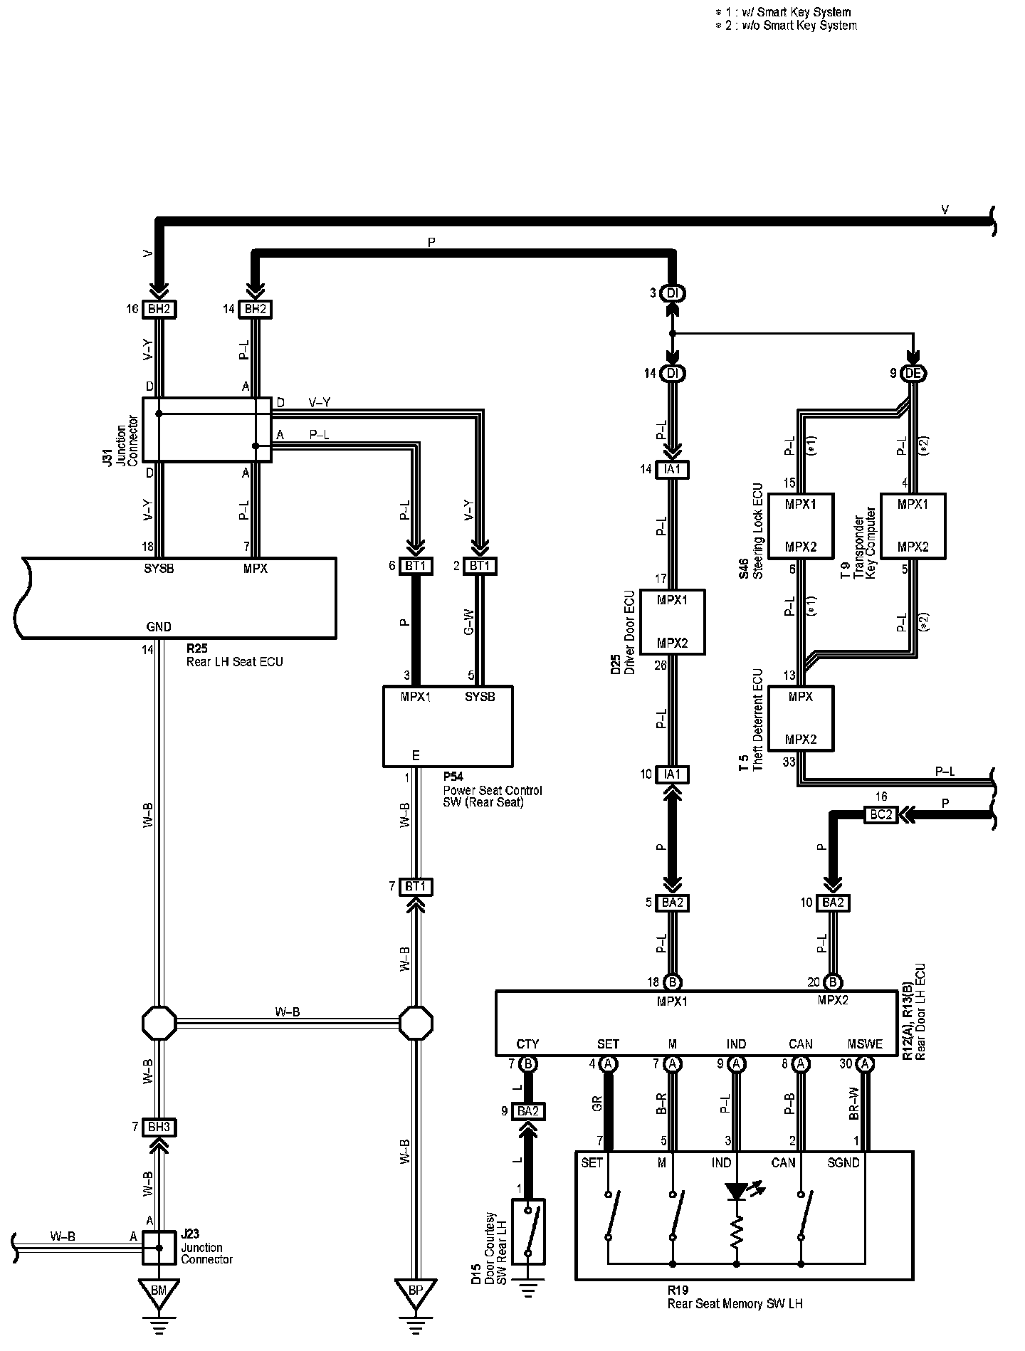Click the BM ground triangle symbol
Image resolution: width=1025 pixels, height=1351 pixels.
point(159,1289)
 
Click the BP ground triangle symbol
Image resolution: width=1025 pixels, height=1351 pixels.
point(416,1289)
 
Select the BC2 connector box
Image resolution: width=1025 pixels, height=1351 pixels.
point(881,814)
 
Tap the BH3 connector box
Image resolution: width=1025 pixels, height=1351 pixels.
point(159,1127)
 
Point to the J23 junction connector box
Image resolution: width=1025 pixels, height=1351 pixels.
point(159,1248)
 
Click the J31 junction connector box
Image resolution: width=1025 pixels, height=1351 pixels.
point(206,429)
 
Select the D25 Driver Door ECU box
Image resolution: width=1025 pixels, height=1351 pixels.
point(673,621)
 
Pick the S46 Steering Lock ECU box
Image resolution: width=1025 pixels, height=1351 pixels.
point(801,525)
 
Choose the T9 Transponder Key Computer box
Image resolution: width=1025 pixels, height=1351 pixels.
point(913,525)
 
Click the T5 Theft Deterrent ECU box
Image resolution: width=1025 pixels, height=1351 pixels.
point(801,717)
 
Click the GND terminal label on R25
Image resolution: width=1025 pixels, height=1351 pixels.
point(159,627)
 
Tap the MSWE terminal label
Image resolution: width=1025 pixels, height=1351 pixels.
point(865,1044)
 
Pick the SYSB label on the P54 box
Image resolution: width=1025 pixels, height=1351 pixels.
point(480,697)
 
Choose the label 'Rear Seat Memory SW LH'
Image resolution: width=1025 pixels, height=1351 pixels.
point(735,1304)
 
